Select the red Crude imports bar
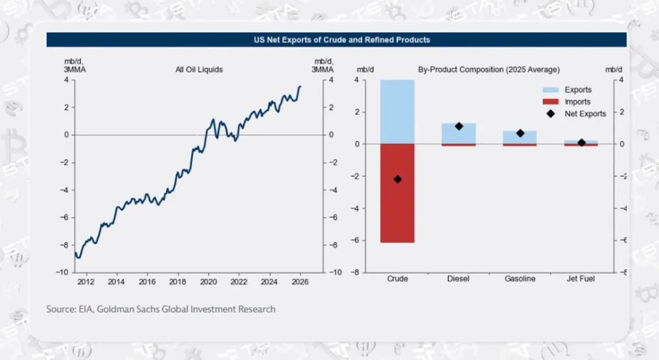397,193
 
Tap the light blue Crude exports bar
397,112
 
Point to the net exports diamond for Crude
397,179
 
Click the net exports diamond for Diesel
459,126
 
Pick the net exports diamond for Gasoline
519,133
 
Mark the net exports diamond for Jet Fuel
581,142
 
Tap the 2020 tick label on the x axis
208,282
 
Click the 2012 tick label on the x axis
86,282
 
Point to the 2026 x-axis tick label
300,282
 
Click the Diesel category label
458,279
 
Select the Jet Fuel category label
581,279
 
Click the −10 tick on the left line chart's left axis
62,272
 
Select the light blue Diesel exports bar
459,134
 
